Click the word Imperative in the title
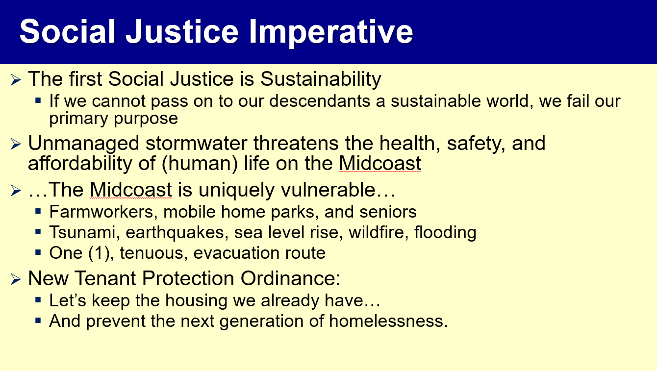[x=331, y=32]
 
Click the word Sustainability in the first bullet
[x=321, y=79]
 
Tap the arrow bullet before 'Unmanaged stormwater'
[x=16, y=144]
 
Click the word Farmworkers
[x=101, y=211]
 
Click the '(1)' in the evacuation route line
[x=101, y=253]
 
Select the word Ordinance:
[x=290, y=278]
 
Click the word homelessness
[x=388, y=321]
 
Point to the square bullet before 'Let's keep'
[x=38, y=300]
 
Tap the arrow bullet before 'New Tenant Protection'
[x=16, y=279]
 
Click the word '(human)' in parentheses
[x=200, y=163]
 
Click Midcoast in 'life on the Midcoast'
[x=380, y=163]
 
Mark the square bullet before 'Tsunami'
[x=38, y=232]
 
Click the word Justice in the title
[x=182, y=32]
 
